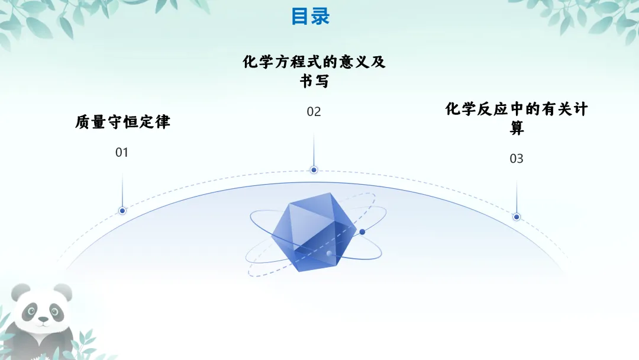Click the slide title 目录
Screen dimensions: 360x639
point(310,16)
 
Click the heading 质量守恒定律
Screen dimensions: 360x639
point(122,123)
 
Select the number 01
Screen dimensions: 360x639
point(121,153)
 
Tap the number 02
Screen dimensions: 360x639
point(314,111)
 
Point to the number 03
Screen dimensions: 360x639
point(517,159)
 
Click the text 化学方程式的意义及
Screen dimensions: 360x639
point(314,62)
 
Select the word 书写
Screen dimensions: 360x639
point(314,82)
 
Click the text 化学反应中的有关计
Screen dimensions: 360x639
point(517,110)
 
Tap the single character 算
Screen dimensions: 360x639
point(517,128)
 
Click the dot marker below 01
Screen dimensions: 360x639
point(122,211)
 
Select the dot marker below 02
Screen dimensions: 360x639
point(314,170)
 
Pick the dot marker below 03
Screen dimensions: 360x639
point(517,217)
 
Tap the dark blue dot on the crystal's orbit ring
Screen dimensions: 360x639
point(362,232)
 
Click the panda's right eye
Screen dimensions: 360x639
point(54,311)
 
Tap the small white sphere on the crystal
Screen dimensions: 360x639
point(329,253)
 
